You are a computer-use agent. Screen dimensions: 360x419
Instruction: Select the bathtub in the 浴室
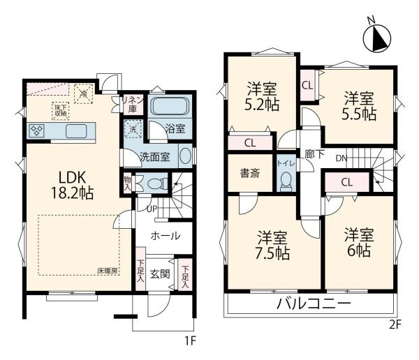coord(169,108)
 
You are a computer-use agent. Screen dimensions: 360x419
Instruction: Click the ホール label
coord(166,236)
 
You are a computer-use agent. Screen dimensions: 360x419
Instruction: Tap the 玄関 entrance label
coord(161,273)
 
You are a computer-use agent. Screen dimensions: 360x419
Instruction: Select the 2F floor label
coord(395,324)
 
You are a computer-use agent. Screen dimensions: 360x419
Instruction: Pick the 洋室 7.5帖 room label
coord(272,245)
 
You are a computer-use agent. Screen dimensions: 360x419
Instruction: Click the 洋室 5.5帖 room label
coord(357,105)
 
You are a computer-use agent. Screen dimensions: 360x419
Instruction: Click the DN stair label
coord(340,158)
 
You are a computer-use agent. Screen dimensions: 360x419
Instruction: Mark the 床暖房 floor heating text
coord(105,269)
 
